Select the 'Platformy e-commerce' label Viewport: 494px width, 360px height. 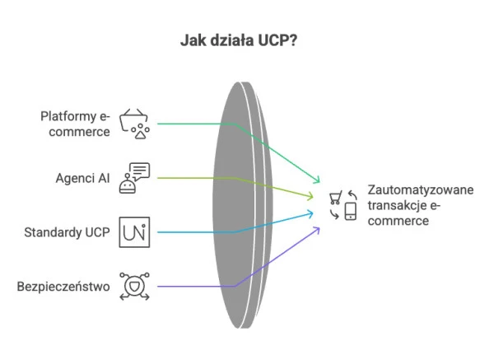pyautogui.click(x=76, y=123)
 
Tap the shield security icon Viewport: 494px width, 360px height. pyautogui.click(x=135, y=286)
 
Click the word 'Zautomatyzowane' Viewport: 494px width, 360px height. pyautogui.click(x=421, y=190)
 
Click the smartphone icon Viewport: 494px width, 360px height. pyautogui.click(x=350, y=212)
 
